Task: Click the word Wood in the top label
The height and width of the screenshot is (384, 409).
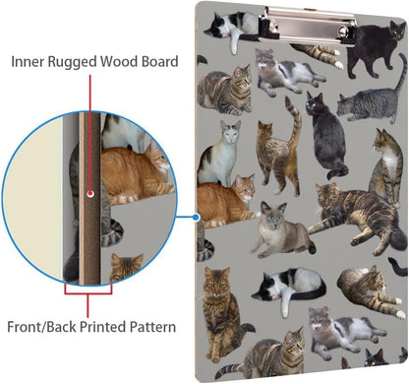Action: pyautogui.click(x=119, y=61)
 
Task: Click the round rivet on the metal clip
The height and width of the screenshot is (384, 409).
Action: pyautogui.click(x=343, y=32)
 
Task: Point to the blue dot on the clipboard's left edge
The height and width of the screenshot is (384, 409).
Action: pyautogui.click(x=196, y=217)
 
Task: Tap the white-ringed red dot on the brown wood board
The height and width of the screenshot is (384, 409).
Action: pyautogui.click(x=90, y=194)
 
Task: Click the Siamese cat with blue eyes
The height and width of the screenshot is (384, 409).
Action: pyautogui.click(x=282, y=230)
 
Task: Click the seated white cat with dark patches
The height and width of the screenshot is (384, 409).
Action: pyautogui.click(x=219, y=155)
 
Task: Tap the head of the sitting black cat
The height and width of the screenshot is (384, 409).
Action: pyautogui.click(x=315, y=103)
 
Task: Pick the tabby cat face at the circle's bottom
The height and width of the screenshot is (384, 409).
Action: pyautogui.click(x=126, y=267)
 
